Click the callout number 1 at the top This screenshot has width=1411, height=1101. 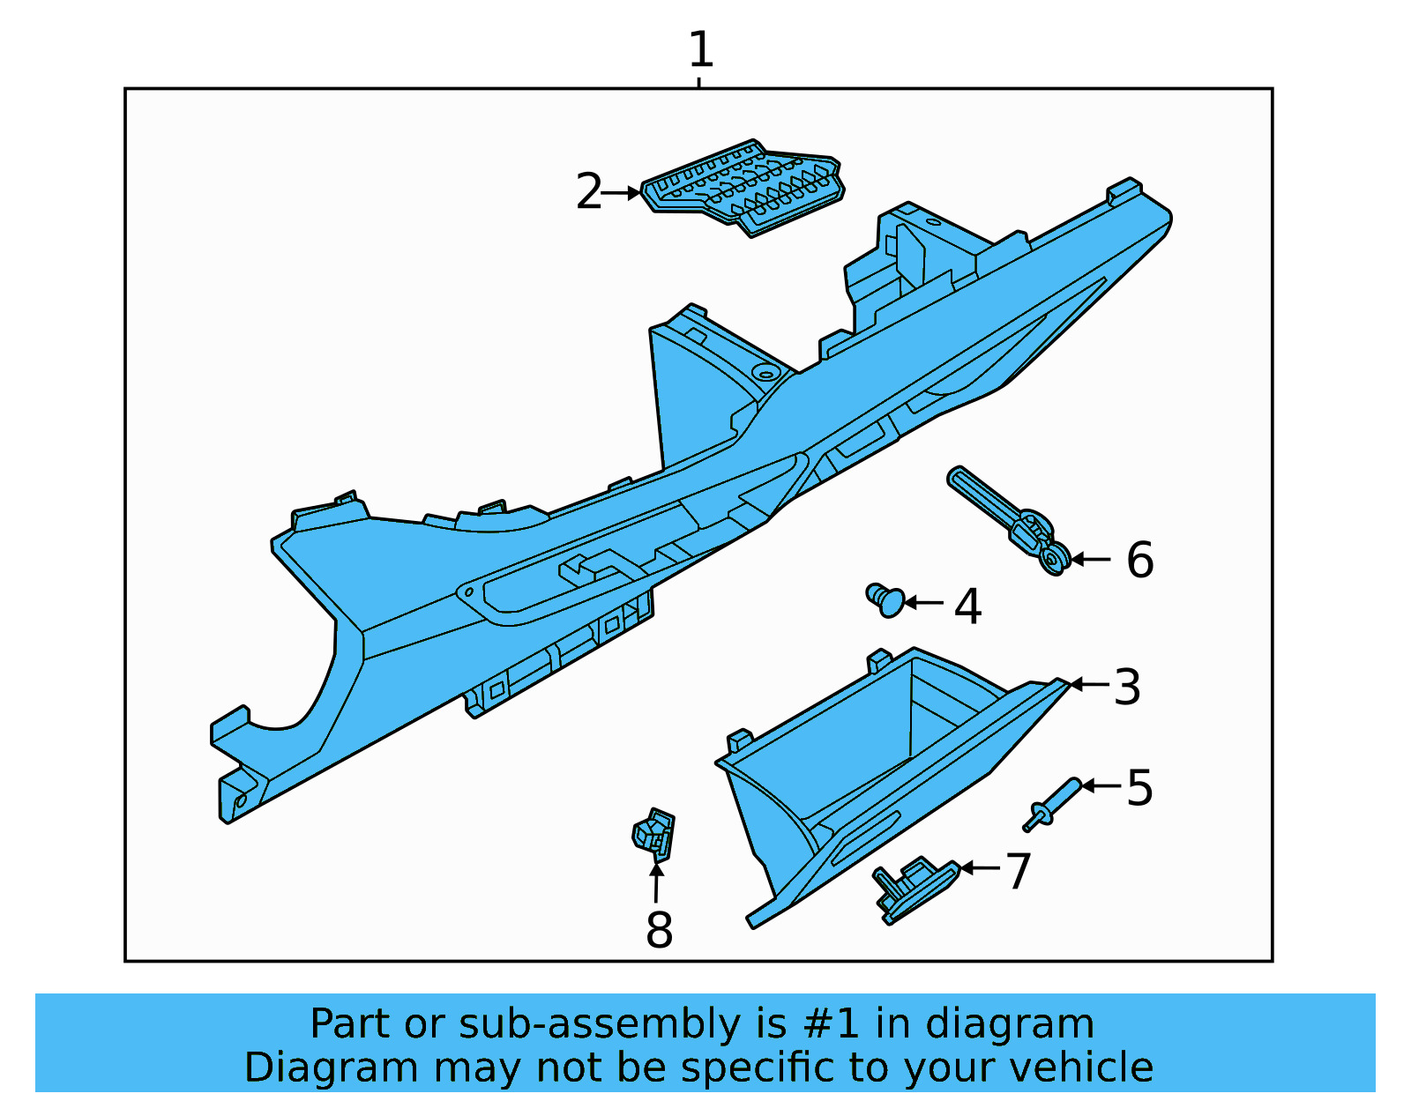(x=700, y=49)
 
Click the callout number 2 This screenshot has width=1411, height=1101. (x=588, y=191)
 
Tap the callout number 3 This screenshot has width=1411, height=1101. (x=1126, y=687)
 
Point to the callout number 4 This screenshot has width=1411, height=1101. (x=967, y=606)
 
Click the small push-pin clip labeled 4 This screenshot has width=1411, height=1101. (x=885, y=600)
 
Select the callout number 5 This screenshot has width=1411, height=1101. (x=1139, y=787)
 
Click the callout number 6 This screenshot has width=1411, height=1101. (x=1139, y=560)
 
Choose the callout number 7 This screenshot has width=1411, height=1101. (x=1018, y=871)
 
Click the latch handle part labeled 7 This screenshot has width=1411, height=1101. (x=913, y=889)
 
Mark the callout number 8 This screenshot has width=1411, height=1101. (x=659, y=930)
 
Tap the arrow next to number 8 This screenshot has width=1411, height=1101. (x=656, y=882)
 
